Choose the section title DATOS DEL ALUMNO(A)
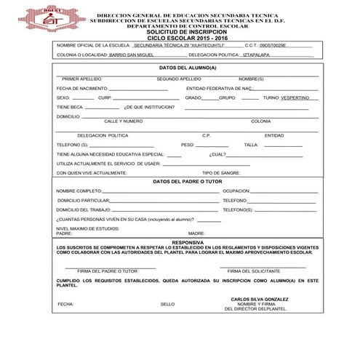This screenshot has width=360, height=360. [x=188, y=67]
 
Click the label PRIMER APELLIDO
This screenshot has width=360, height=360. [x=81, y=78]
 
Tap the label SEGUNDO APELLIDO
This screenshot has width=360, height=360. [x=178, y=78]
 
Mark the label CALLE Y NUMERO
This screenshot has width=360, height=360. [x=123, y=121]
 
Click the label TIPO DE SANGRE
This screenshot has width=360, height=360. [x=221, y=173]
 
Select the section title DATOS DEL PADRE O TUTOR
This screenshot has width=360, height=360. [x=188, y=181]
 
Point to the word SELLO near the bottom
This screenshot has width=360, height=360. [x=167, y=304]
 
